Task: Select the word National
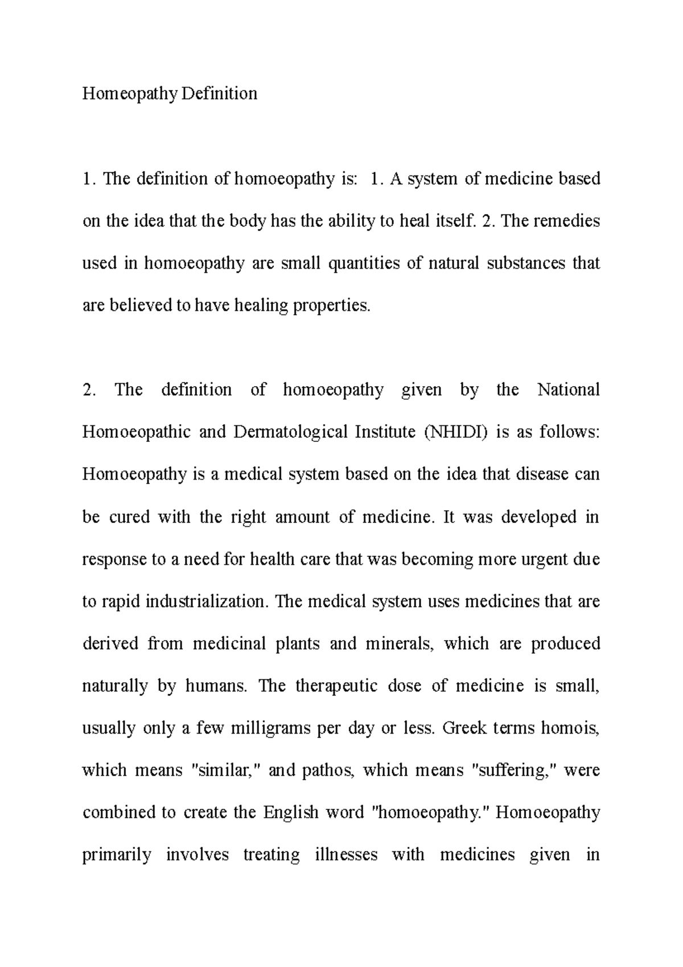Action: [x=569, y=390]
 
